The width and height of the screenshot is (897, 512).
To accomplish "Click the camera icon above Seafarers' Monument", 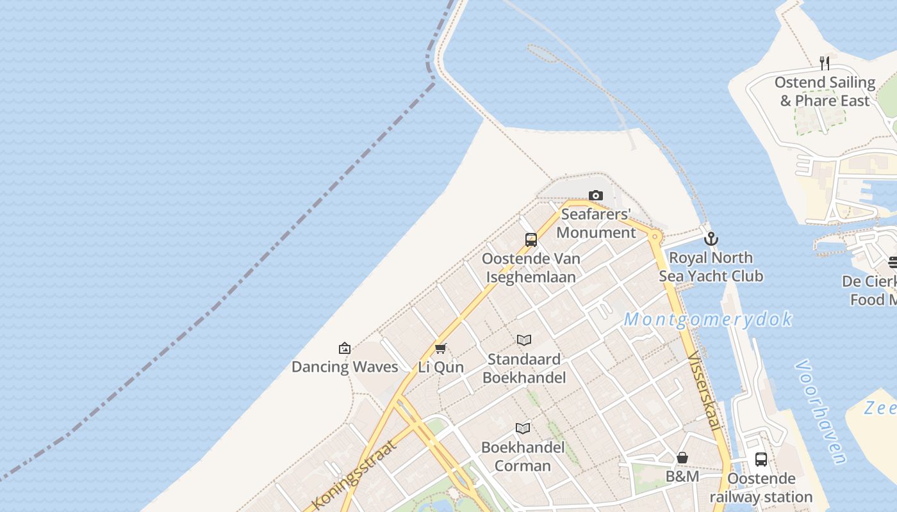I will tap(596, 195).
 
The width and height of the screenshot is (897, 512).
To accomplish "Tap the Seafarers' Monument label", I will tap(596, 223).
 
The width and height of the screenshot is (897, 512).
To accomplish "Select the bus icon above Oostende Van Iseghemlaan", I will tap(531, 240).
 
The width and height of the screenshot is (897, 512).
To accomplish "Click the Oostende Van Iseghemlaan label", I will tap(531, 268).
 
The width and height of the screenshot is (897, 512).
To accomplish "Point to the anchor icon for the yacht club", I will tap(711, 239).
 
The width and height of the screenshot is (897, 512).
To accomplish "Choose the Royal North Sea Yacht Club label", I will tap(711, 267).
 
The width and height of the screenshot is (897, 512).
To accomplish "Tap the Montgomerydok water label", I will tap(708, 319).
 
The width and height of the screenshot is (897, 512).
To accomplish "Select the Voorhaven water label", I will tap(821, 410).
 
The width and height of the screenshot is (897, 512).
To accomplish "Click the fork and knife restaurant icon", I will tap(825, 63).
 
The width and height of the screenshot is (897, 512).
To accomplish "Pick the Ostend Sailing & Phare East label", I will tap(825, 92).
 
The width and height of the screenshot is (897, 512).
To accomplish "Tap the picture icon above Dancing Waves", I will tap(345, 348).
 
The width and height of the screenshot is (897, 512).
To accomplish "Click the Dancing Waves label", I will tap(345, 367).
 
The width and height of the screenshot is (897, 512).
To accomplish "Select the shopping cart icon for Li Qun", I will tap(440, 348).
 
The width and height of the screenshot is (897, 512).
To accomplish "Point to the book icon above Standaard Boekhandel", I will tap(524, 340).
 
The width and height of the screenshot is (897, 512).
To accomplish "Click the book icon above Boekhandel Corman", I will tap(523, 428).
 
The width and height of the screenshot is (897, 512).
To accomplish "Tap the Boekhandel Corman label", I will tap(523, 456).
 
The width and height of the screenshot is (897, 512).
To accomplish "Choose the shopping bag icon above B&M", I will tap(682, 458).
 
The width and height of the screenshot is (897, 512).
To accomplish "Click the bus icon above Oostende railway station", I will tap(761, 460).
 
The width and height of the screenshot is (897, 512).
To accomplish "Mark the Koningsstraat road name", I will tap(354, 474).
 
